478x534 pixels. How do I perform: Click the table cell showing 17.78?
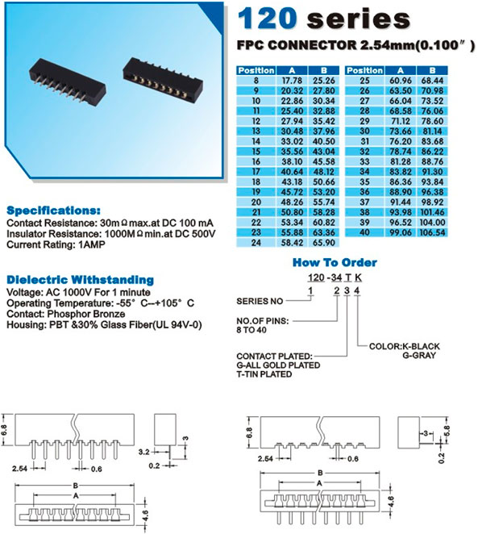pos(292,81)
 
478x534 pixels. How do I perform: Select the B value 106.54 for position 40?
pos(432,232)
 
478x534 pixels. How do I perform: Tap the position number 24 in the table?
pos(256,243)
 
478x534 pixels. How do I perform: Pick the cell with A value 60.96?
pos(400,81)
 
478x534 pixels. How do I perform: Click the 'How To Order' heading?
pos(335,262)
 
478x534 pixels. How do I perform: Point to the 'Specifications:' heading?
pos(53,211)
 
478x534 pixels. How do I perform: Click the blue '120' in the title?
pos(267,19)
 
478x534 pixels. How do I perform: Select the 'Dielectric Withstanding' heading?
pos(81,280)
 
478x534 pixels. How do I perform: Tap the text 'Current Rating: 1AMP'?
pos(56,244)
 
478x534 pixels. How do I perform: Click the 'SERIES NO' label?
pos(260,302)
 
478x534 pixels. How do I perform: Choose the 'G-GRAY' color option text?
pos(419,356)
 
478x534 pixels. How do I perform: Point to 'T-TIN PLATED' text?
pos(264,374)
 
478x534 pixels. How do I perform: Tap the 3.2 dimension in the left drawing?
pos(144,452)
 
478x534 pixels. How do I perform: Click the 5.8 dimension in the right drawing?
pos(447,431)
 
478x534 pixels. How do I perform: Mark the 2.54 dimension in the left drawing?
pos(19,469)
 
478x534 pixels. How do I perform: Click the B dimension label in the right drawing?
pos(320,473)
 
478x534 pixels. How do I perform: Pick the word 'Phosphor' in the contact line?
pos(65,314)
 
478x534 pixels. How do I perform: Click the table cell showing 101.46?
pos(432,212)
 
